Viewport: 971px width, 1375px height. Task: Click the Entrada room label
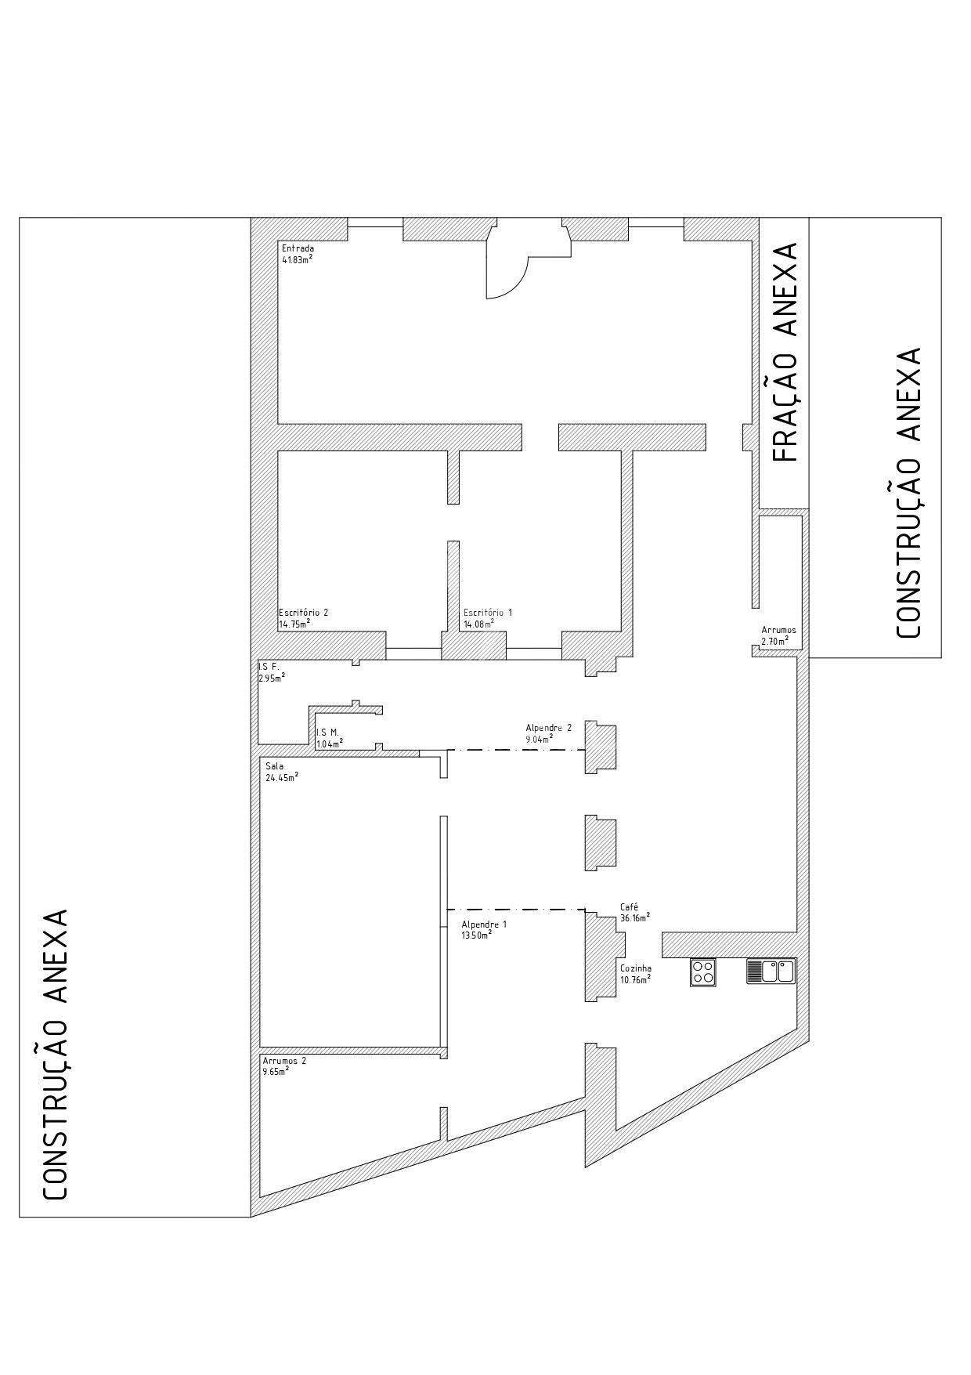pyautogui.click(x=298, y=248)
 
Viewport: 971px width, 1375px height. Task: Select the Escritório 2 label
pyautogui.click(x=303, y=613)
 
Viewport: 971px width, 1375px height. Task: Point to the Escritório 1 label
pyautogui.click(x=487, y=613)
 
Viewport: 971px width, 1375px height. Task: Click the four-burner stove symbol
pyautogui.click(x=702, y=972)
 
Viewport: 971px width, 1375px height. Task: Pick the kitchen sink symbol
pyautogui.click(x=771, y=971)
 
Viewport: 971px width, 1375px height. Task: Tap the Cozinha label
pyautogui.click(x=636, y=968)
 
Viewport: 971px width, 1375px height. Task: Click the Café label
pyautogui.click(x=629, y=907)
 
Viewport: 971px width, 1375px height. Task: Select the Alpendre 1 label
pyautogui.click(x=484, y=925)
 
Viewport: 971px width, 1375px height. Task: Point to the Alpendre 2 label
pyautogui.click(x=548, y=728)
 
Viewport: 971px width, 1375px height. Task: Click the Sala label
pyautogui.click(x=275, y=766)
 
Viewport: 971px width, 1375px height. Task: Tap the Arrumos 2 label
pyautogui.click(x=284, y=1061)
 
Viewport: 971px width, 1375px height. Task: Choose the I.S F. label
pyautogui.click(x=268, y=666)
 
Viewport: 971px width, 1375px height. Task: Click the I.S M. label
pyautogui.click(x=327, y=732)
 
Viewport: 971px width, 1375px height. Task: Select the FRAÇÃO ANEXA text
pyautogui.click(x=785, y=353)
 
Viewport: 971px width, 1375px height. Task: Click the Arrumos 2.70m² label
pyautogui.click(x=778, y=635)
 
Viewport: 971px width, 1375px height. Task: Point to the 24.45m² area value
pyautogui.click(x=282, y=777)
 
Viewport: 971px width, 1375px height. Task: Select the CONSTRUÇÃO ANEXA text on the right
pyautogui.click(x=907, y=493)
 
